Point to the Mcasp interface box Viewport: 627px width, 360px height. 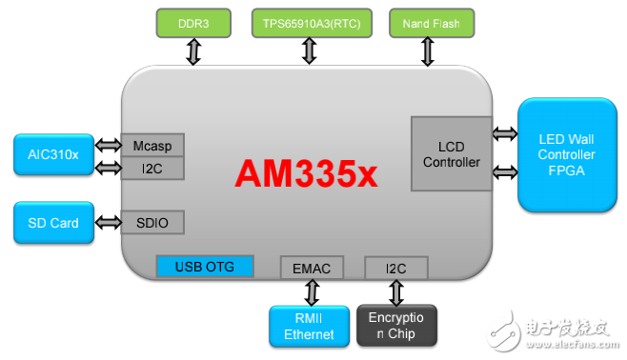152,145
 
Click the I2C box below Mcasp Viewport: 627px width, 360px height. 152,169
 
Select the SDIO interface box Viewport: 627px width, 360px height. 152,222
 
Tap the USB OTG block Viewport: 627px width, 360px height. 204,267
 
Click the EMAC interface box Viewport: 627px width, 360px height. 306,268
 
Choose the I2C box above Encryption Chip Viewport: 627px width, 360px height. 396,268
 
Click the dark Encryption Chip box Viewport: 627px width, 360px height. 396,326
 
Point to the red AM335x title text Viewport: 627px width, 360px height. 306,174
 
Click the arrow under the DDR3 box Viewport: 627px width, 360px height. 193,50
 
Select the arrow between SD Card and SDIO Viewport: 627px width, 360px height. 108,223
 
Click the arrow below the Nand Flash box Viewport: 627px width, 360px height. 427,50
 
